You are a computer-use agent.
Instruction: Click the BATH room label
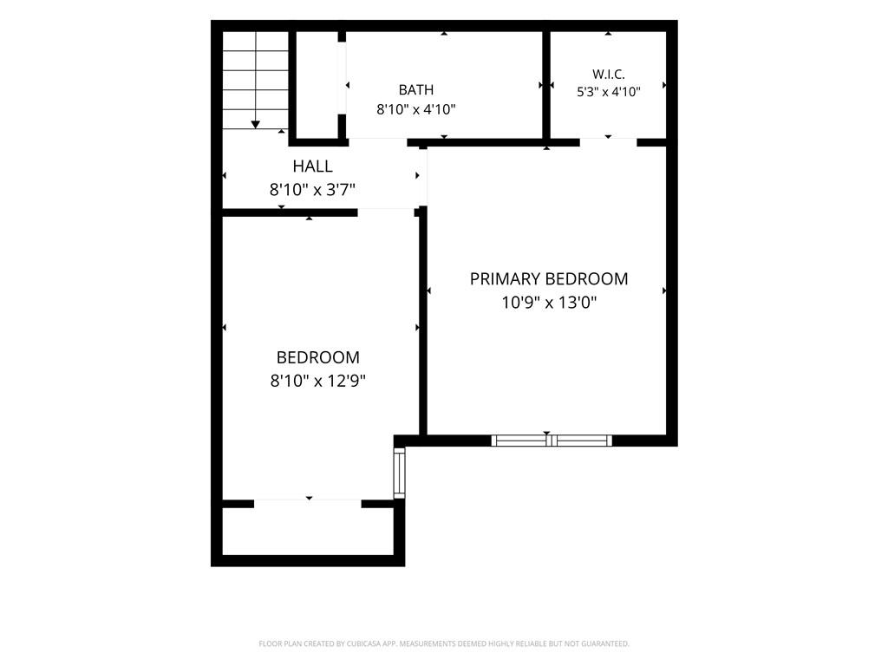[x=416, y=90]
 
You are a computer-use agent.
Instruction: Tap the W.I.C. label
[x=609, y=75]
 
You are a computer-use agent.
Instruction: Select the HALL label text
[x=312, y=166]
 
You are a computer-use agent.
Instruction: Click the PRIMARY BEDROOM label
[x=549, y=278]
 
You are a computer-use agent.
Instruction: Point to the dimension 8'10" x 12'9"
[x=317, y=381]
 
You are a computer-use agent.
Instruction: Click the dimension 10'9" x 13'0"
[x=549, y=303]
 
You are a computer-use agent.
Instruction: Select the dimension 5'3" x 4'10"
[x=609, y=92]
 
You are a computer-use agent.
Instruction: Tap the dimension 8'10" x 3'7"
[x=312, y=189]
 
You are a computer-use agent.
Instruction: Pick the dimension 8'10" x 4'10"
[x=416, y=109]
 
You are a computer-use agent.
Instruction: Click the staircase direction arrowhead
[x=256, y=125]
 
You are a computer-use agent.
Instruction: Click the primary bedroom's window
[x=552, y=441]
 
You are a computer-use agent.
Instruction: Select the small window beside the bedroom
[x=399, y=473]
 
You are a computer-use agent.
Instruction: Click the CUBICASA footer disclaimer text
[x=444, y=643]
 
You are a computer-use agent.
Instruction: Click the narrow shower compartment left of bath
[x=317, y=85]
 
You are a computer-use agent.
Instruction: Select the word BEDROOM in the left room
[x=317, y=357]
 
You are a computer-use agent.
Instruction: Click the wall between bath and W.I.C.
[x=546, y=85]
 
